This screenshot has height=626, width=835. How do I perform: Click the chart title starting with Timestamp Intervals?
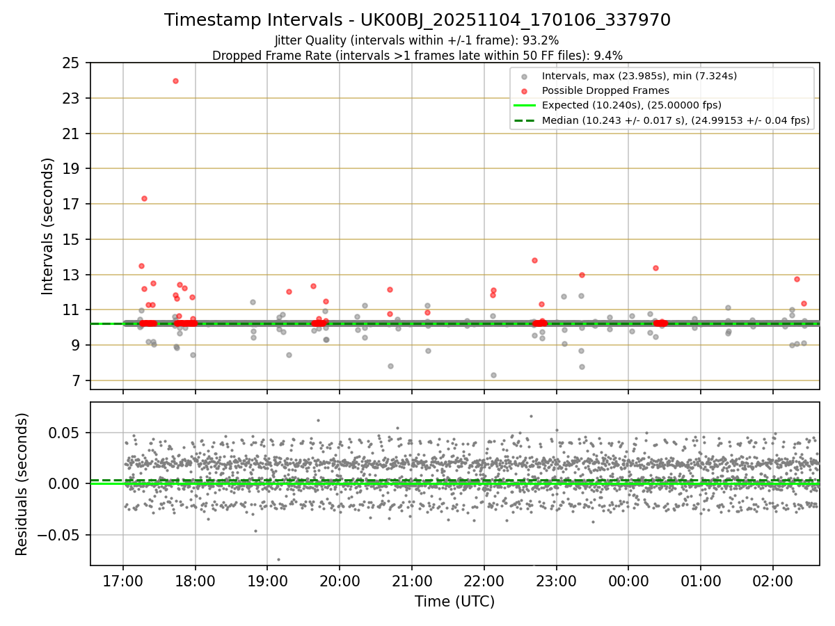417,20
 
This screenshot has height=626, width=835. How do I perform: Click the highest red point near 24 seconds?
175,81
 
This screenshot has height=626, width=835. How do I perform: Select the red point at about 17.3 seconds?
144,198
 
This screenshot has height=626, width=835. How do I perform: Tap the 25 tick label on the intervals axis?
70,63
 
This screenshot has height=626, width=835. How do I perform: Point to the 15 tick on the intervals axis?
70,239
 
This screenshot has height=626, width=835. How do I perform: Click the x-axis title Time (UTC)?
454,602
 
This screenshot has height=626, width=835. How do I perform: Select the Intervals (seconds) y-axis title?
47,226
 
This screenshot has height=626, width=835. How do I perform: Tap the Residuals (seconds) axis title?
22,484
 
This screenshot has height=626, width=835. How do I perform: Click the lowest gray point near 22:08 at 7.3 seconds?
493,375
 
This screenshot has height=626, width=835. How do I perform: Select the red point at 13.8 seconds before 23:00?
534,260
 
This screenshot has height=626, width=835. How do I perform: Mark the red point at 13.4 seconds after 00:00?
655,268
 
